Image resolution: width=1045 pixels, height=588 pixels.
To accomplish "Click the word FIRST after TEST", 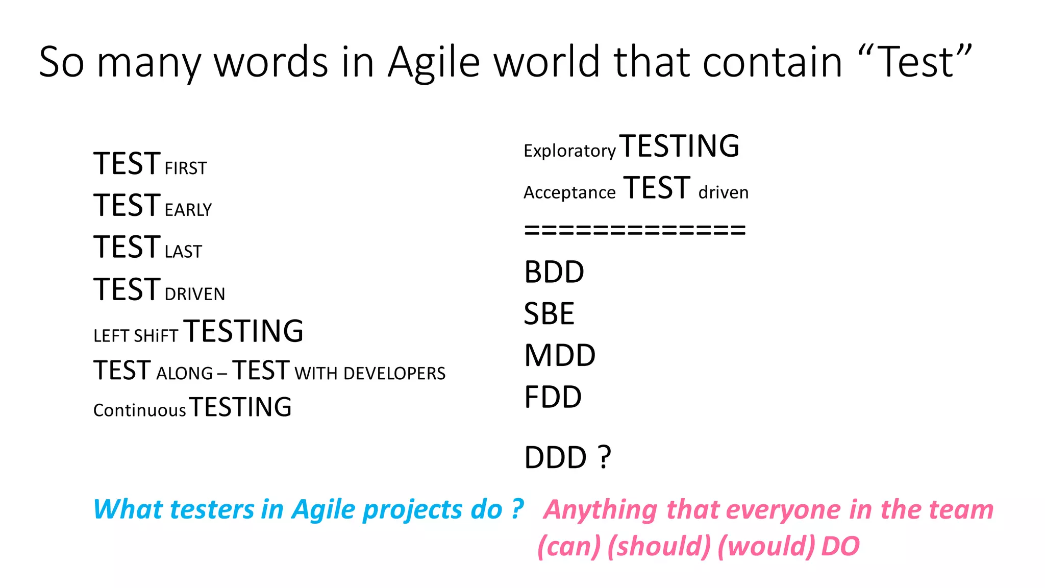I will click(186, 168).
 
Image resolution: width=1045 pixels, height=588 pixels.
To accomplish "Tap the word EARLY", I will click(188, 210).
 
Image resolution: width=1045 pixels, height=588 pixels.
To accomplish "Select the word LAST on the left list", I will click(183, 252).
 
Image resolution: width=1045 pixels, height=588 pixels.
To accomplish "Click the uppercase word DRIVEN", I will click(194, 295).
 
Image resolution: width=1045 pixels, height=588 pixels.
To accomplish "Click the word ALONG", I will click(184, 374).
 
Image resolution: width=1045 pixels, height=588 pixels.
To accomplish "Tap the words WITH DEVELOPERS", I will click(370, 374).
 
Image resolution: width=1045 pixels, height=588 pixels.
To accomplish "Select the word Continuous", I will click(139, 410).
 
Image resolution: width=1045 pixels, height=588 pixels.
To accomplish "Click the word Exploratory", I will click(569, 151).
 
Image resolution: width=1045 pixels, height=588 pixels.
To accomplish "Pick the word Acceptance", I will click(569, 193).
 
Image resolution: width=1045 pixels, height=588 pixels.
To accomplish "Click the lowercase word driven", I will click(723, 193).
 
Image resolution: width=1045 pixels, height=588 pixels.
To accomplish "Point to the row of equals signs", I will click(635, 230).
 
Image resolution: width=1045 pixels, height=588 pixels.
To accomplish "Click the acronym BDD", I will click(554, 272).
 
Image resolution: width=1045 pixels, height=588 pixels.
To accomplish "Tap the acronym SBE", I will click(549, 314).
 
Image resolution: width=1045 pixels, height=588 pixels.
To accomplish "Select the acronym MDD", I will click(560, 356).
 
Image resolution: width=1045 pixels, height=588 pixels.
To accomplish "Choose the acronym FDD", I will click(553, 398).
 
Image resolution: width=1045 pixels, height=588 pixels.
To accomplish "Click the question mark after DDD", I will click(604, 457).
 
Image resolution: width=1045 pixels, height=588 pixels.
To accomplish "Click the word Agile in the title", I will click(433, 62).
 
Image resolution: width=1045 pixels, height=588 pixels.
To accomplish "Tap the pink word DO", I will click(840, 547).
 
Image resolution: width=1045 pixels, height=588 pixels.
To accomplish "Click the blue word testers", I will click(212, 510).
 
